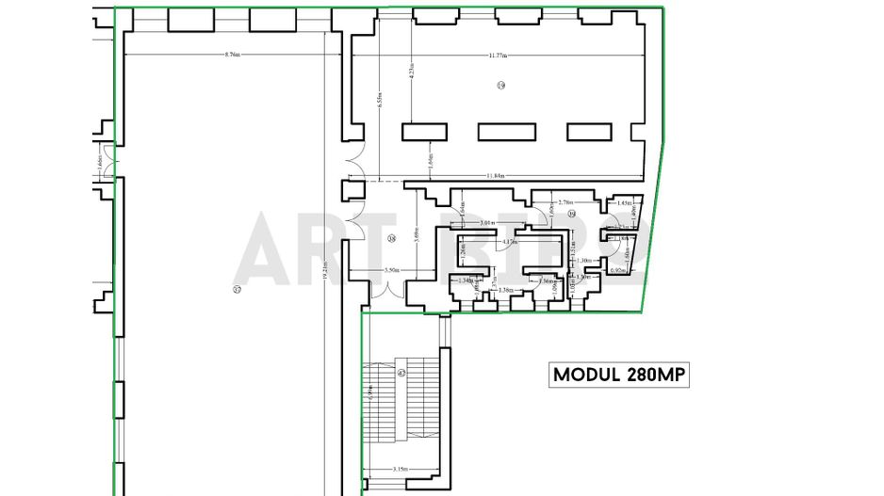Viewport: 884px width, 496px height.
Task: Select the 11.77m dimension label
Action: click(501, 56)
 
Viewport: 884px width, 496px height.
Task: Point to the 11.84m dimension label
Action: click(497, 176)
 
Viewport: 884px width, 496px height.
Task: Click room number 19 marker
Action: click(501, 86)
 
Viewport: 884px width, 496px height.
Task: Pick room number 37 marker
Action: click(237, 289)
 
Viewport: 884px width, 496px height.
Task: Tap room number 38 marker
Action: click(391, 238)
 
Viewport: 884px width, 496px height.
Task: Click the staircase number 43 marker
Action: click(401, 374)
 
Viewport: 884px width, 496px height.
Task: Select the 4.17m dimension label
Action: click(510, 242)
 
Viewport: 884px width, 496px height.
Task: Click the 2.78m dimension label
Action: click(566, 201)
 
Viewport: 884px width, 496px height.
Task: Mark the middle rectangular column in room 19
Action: click(507, 132)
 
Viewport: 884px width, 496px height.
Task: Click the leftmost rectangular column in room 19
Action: click(424, 132)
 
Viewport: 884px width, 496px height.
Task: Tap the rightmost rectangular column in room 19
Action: click(589, 132)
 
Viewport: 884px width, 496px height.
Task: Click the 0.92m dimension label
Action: click(618, 271)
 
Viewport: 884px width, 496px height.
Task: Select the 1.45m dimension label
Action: click(623, 202)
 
